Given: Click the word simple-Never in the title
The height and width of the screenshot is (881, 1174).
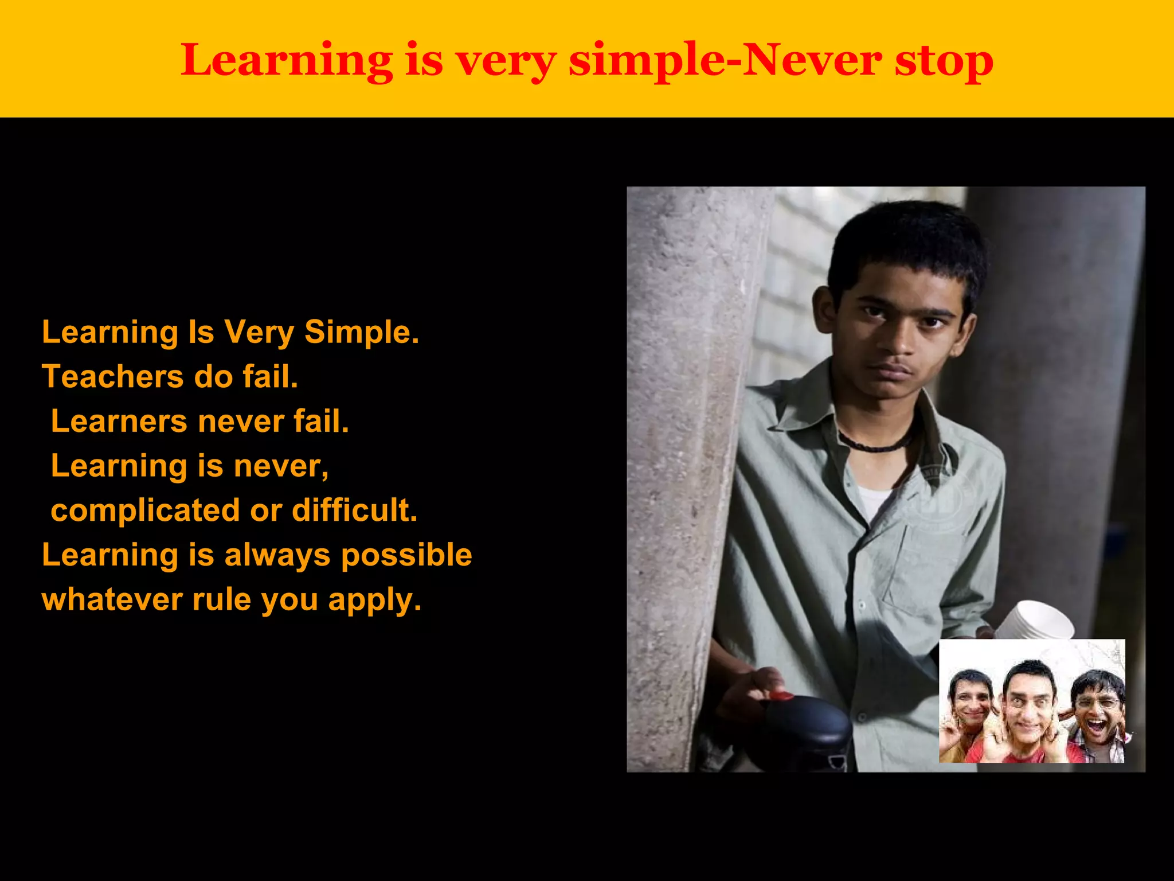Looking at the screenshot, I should pyautogui.click(x=725, y=61).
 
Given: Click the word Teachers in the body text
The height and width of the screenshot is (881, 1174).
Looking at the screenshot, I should pyautogui.click(x=112, y=377).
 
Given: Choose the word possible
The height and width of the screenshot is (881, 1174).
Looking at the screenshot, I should pyautogui.click(x=406, y=555).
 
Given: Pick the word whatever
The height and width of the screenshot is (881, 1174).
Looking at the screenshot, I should pyautogui.click(x=112, y=600).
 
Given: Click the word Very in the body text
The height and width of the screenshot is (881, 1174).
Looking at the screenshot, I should pyautogui.click(x=259, y=333).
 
